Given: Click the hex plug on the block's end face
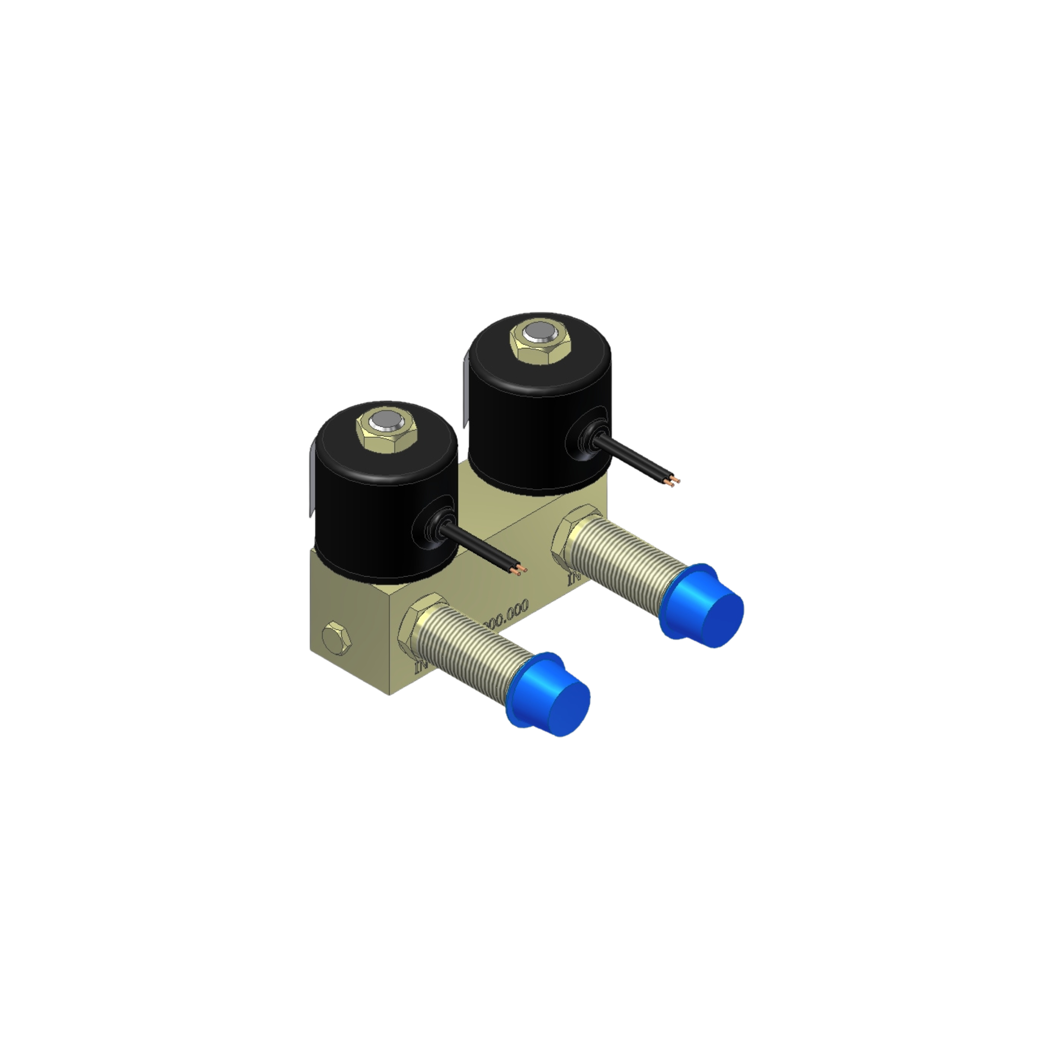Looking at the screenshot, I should [x=336, y=636].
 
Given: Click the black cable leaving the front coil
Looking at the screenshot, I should [x=478, y=548].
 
